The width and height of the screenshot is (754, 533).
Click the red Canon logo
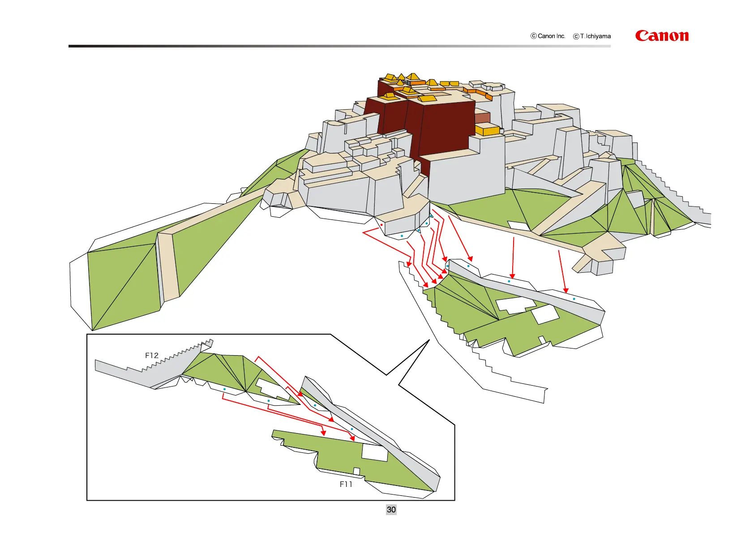coord(661,36)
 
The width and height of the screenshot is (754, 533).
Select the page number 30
coord(391,510)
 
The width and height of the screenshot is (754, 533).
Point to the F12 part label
coord(152,355)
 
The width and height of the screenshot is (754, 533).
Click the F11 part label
coord(346,484)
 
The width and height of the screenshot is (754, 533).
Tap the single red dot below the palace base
coord(381,225)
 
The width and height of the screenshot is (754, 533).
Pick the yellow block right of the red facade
coord(487,130)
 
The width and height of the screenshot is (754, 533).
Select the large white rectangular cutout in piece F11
coord(375,452)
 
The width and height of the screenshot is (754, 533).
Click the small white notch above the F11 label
coord(356,471)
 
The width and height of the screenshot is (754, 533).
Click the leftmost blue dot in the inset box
coord(224,389)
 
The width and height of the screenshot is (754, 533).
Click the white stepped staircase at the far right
coord(681,197)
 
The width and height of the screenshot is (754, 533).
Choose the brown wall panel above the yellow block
coord(482,118)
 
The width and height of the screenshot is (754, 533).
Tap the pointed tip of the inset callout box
coord(428,341)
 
